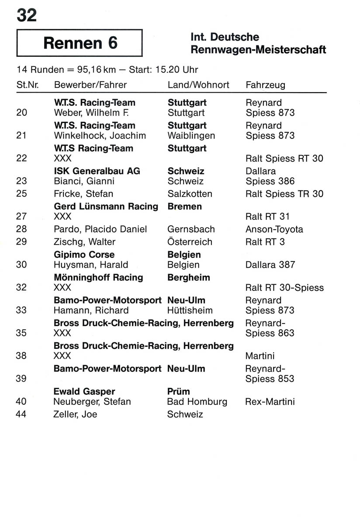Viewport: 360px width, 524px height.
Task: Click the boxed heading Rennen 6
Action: pos(80,43)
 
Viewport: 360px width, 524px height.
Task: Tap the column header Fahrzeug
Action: pos(265,85)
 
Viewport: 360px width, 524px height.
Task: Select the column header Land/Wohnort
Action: pos(198,85)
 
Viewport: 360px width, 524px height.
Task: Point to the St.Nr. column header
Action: pos(28,85)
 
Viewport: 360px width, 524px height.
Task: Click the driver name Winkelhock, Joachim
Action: pos(100,136)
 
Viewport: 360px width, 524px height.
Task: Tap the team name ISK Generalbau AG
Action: pos(97,171)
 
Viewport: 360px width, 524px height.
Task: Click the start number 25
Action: pos(21,193)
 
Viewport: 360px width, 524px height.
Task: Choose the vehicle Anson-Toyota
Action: pos(274,229)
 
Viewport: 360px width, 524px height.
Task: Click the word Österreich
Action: pos(190,241)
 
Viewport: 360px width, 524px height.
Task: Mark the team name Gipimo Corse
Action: pos(84,255)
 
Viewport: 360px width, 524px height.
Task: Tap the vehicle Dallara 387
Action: pos(270,265)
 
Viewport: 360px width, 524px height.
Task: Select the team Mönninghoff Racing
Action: pos(98,277)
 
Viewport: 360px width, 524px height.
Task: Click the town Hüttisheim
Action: pos(190,310)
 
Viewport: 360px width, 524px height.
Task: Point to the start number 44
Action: pos(21,414)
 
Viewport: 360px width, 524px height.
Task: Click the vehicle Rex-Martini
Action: pos(270,401)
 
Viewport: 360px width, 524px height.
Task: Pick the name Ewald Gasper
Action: pos(84,391)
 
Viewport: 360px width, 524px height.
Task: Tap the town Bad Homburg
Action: pos(197,401)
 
